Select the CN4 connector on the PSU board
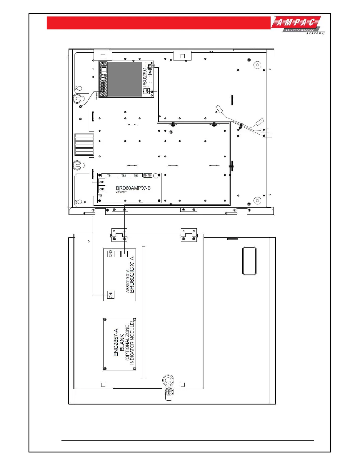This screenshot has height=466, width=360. (150, 71)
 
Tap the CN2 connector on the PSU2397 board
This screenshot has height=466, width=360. (147, 91)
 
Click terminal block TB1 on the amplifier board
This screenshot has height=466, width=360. (109, 176)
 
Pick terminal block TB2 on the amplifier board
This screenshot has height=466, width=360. (124, 176)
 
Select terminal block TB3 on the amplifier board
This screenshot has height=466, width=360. (136, 176)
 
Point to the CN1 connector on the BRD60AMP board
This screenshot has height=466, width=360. (102, 182)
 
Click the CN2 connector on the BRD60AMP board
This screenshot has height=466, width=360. (102, 189)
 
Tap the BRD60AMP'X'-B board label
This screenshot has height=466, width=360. (133, 188)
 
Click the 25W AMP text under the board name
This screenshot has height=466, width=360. (121, 192)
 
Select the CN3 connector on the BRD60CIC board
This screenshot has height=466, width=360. (111, 254)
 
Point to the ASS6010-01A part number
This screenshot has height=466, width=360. (127, 281)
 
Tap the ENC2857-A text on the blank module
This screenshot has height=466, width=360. (116, 343)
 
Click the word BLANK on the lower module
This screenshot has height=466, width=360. (122, 344)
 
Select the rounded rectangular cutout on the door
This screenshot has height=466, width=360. (249, 261)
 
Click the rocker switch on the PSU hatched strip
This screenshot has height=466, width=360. (104, 70)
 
